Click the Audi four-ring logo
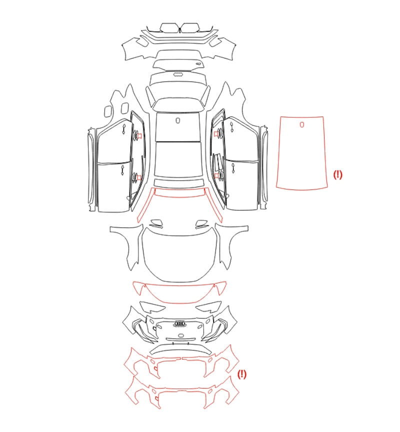click(179, 323)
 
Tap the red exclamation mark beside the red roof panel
click(337, 174)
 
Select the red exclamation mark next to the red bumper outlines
click(242, 374)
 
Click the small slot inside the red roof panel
click(302, 124)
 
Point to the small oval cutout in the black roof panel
click(177, 120)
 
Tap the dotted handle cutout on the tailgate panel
click(178, 74)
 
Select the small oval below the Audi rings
click(180, 335)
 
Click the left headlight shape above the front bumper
click(152, 306)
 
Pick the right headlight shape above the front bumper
click(208, 306)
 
